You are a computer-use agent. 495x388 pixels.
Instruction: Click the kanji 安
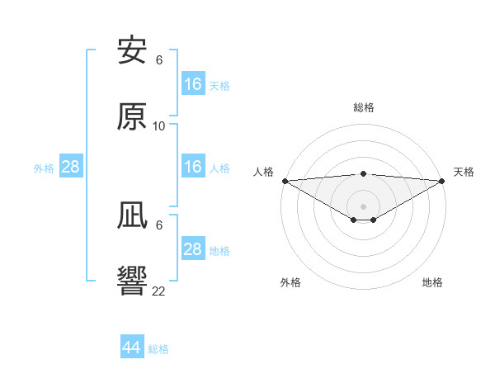(x=133, y=52)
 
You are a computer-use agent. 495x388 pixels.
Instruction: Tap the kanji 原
(x=133, y=117)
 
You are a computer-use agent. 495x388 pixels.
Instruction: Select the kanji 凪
(x=133, y=217)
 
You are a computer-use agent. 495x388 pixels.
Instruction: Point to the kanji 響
(x=133, y=282)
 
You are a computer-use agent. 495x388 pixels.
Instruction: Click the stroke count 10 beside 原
(x=159, y=126)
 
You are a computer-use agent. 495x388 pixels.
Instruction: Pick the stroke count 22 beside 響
(x=159, y=291)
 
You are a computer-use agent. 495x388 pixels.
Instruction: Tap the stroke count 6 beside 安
(x=159, y=60)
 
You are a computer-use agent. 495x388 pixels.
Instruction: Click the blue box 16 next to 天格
(x=193, y=84)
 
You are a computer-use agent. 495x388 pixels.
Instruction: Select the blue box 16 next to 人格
(x=193, y=167)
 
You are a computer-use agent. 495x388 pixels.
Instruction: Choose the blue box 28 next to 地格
(x=193, y=249)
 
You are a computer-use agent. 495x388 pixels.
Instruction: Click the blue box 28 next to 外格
(x=71, y=167)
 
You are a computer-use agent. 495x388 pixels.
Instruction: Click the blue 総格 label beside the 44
(x=158, y=349)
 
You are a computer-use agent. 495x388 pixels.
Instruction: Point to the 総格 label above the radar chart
(x=364, y=107)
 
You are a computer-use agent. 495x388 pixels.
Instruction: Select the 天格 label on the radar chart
(x=464, y=172)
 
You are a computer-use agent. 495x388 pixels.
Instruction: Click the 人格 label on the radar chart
(x=263, y=172)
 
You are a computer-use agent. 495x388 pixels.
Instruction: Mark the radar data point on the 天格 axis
(x=443, y=180)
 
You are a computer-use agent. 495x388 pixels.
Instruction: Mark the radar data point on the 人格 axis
(x=285, y=180)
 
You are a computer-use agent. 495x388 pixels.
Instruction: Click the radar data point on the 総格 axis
(x=364, y=173)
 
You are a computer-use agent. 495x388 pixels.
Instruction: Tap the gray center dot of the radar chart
(x=364, y=206)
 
